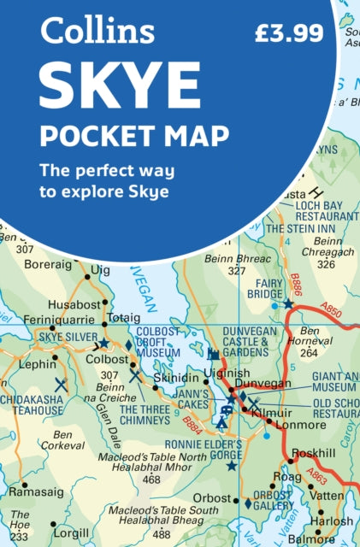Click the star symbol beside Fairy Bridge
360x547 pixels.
click(289, 303)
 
